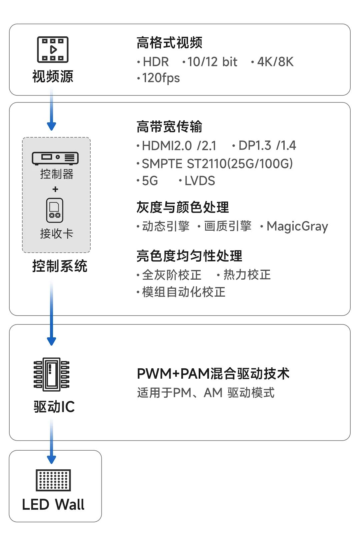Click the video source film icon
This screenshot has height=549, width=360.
53,50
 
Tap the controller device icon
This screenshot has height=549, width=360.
55,158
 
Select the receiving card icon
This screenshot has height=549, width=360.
55,210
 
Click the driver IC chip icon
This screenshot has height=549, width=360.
51,375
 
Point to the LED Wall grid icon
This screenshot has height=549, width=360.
53,480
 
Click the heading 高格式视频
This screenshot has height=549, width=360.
169,43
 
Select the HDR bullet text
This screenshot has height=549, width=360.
155,62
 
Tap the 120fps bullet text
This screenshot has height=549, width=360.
161,78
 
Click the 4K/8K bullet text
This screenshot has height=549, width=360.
275,62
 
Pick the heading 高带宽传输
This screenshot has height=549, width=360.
169,127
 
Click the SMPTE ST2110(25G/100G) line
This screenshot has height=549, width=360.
217,164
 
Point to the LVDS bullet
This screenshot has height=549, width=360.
199,181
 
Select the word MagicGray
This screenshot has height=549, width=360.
297,226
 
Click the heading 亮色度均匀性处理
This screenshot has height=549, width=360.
189,256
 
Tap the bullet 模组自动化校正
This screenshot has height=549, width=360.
183,292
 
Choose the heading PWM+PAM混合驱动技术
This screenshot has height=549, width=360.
213,374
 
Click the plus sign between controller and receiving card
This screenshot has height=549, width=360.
55,189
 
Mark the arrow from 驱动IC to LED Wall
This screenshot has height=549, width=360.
51,442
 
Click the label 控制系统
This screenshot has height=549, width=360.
60,266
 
